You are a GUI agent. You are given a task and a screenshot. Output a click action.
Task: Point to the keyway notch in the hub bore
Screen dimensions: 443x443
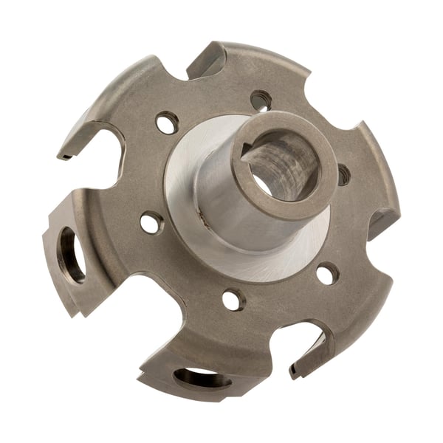tap(245, 147)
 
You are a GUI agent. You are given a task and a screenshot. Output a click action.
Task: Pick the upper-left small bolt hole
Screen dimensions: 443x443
tap(168, 122)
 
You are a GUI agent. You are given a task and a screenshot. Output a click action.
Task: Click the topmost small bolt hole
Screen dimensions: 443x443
tap(261, 100)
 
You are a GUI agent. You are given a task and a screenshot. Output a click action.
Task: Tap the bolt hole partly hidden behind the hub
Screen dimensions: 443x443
tap(343, 175)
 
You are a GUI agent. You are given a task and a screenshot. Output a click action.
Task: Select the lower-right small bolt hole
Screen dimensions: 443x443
tap(327, 273)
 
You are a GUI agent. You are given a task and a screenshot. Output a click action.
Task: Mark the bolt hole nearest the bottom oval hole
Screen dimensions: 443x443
tap(233, 299)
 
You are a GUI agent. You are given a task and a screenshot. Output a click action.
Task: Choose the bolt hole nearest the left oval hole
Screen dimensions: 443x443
tap(151, 222)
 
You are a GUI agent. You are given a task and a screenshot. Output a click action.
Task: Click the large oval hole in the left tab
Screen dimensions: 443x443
tap(71, 255)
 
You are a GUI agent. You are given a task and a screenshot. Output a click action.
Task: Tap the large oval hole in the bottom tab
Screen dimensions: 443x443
tap(202, 380)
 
